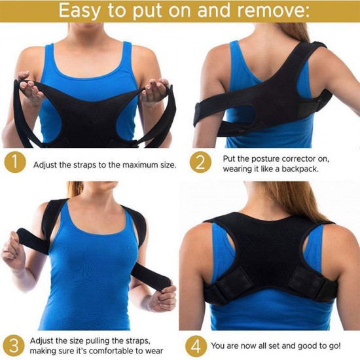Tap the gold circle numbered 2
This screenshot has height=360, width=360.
[x=201, y=162]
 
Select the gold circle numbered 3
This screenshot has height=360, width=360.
[x=14, y=346]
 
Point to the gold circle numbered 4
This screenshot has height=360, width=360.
[x=196, y=346]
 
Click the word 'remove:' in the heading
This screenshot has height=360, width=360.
[x=273, y=10]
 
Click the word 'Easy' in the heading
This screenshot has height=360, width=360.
[x=80, y=11]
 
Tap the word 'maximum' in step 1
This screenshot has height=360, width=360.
[x=138, y=165]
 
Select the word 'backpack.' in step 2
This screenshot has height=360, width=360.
[x=300, y=169]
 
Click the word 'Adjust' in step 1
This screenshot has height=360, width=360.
[x=45, y=165]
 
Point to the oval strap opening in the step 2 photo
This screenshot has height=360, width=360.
[x=241, y=114]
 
